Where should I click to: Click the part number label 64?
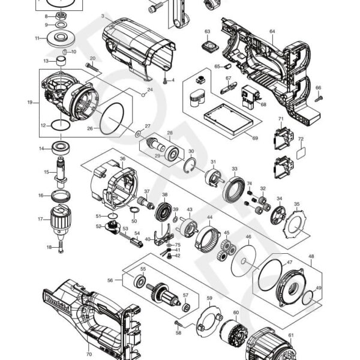click(272, 31)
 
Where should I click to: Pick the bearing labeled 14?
click(61, 148)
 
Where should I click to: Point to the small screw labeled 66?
click(319, 95)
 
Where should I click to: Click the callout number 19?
click(29, 103)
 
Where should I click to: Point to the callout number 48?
click(310, 256)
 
